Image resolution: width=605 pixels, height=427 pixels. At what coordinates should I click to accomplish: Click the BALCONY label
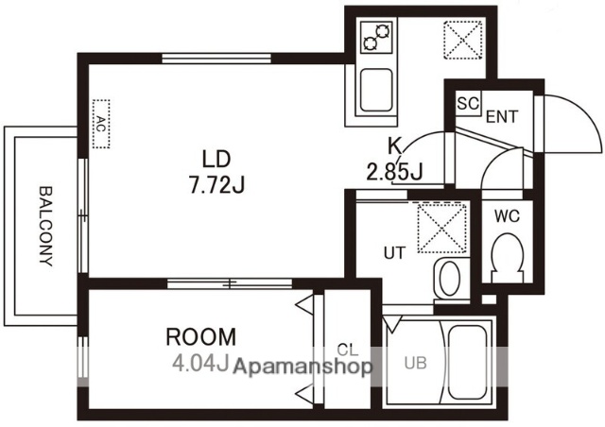point(46,227)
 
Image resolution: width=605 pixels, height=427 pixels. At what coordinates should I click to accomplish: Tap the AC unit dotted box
point(101,124)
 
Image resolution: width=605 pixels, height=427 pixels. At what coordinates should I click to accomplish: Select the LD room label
point(216,160)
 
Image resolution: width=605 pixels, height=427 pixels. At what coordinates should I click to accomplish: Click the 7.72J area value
point(216,184)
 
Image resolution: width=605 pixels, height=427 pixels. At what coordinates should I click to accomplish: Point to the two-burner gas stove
point(376,37)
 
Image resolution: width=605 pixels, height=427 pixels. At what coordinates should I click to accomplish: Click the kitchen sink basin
point(376,91)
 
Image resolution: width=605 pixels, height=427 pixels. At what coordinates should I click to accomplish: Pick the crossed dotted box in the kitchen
point(463,40)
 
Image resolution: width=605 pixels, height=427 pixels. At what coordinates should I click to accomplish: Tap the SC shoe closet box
point(469,103)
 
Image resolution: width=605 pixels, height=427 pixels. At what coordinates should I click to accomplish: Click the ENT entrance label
point(502,116)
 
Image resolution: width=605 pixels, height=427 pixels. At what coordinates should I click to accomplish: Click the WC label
point(507,216)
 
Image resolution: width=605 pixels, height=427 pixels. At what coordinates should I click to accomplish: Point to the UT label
point(395,253)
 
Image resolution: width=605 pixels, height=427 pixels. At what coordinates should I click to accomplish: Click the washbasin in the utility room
point(450,279)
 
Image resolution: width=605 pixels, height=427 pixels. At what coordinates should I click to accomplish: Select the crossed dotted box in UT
point(442,229)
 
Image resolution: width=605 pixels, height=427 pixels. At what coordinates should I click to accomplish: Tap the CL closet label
point(348,350)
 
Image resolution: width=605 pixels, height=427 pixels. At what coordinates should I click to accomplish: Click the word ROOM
point(200,336)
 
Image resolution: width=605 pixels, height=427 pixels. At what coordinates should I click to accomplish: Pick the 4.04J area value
point(200,363)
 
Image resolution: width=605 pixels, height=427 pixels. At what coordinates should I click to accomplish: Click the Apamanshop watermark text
point(302,367)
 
